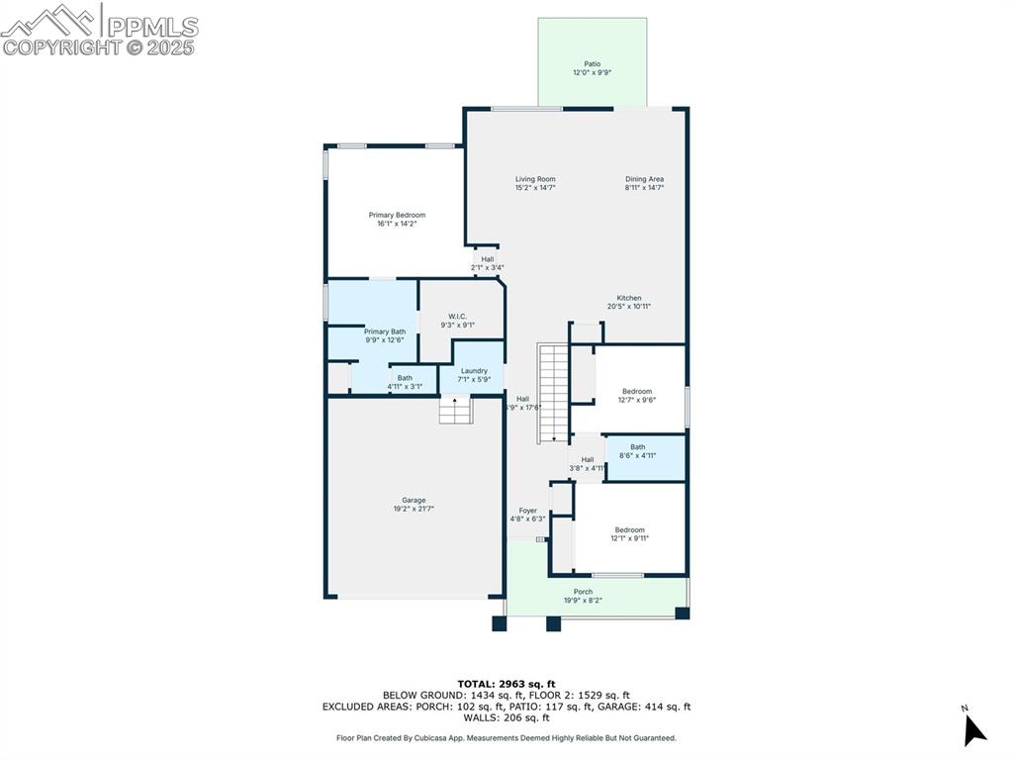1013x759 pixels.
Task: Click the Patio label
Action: pyautogui.click(x=592, y=64)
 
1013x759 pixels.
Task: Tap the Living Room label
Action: pyautogui.click(x=534, y=179)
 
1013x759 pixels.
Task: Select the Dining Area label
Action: pyautogui.click(x=644, y=179)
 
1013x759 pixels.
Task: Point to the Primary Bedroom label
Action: pyautogui.click(x=397, y=215)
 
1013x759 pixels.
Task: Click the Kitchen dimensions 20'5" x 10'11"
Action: pyautogui.click(x=629, y=307)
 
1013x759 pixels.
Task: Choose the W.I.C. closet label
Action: pyautogui.click(x=457, y=317)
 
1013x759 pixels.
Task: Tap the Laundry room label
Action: pyautogui.click(x=474, y=371)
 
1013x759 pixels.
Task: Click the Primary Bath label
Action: pyautogui.click(x=385, y=332)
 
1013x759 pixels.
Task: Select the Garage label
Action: pyautogui.click(x=414, y=500)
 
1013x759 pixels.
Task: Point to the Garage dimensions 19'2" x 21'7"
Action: pyautogui.click(x=414, y=509)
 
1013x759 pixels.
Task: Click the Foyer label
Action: pyautogui.click(x=528, y=511)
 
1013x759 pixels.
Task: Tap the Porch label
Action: pyautogui.click(x=583, y=592)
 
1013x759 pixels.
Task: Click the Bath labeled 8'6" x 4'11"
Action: pyautogui.click(x=637, y=447)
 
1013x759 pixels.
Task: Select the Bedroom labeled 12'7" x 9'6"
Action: pyautogui.click(x=637, y=391)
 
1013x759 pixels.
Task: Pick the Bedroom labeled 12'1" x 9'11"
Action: pyautogui.click(x=629, y=529)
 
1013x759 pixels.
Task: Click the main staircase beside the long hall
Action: pyautogui.click(x=551, y=393)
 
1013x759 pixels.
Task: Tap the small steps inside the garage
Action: pyautogui.click(x=455, y=410)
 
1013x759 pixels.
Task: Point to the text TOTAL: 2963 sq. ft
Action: pyautogui.click(x=506, y=684)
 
